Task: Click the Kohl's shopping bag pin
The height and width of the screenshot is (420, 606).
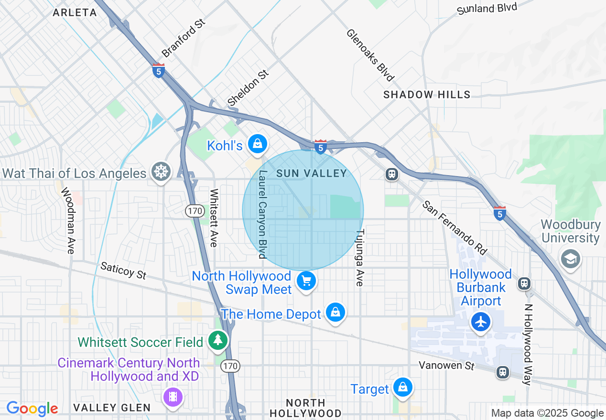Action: [x=258, y=143]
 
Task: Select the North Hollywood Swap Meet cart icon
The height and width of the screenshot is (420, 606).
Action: [x=306, y=281]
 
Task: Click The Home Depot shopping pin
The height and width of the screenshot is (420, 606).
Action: [x=335, y=312]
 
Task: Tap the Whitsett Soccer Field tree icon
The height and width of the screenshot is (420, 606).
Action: [x=218, y=340]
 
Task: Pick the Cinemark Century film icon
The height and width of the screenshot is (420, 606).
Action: [x=173, y=396]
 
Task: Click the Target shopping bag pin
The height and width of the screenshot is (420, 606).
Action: [x=403, y=387]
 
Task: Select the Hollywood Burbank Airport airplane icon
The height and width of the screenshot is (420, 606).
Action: [x=481, y=322]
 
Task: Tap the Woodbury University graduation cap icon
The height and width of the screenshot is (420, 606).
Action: [x=570, y=259]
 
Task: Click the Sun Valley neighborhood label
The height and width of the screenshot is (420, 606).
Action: [x=311, y=174]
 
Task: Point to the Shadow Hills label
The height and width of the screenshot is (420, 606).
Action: [x=427, y=95]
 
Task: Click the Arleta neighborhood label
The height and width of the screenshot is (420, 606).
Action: [x=75, y=13]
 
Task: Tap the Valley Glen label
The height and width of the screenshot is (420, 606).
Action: [x=112, y=408]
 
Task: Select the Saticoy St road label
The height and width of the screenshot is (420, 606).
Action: [x=123, y=271]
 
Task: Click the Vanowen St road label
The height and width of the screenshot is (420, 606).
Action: [x=447, y=366]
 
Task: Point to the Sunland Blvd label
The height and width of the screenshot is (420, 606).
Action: [x=487, y=8]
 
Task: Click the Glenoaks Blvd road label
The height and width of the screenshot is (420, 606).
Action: [x=370, y=55]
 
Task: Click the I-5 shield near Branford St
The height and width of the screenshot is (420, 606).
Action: [x=159, y=71]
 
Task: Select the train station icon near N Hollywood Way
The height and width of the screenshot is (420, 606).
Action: [x=524, y=283]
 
